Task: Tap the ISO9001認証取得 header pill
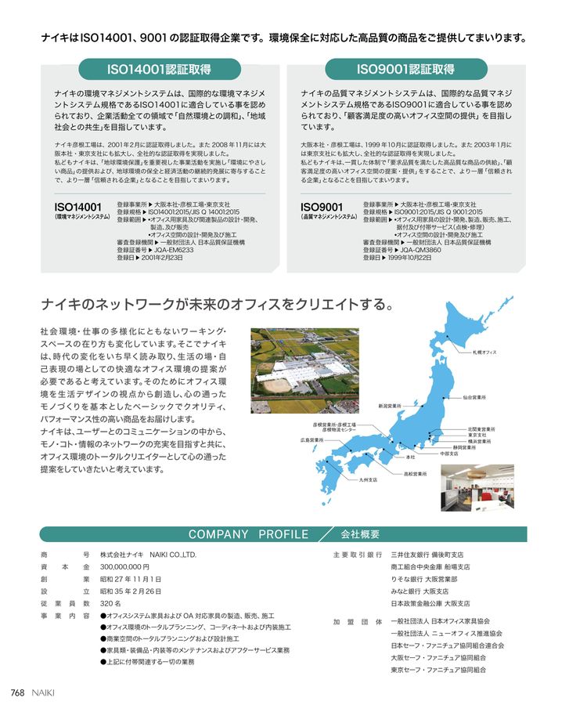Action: pos(405,68)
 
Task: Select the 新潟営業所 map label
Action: pos(389,406)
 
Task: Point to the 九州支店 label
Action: pos(368,479)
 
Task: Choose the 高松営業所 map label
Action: pos(415,474)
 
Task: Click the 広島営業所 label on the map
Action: pos(312,440)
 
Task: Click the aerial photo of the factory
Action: pos(304,371)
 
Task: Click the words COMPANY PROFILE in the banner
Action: pos(248,534)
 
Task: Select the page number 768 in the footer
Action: pos(18,692)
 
